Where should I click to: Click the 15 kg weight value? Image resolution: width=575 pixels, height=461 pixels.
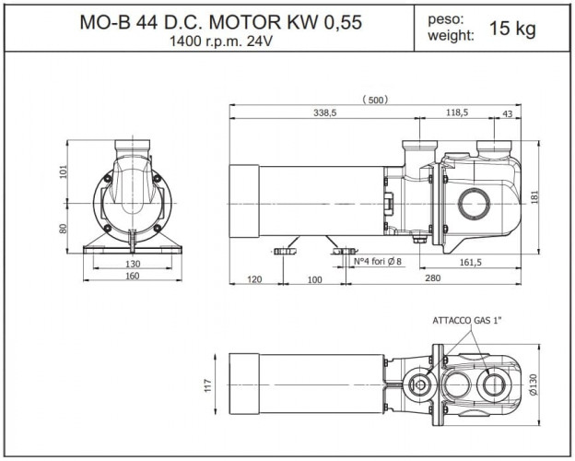click(x=512, y=29)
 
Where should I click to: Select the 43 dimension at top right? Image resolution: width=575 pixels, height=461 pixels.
click(x=508, y=112)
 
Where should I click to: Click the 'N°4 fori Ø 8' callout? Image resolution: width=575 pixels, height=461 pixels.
click(x=378, y=263)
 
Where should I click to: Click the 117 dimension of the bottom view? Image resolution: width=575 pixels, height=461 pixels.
click(x=206, y=385)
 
